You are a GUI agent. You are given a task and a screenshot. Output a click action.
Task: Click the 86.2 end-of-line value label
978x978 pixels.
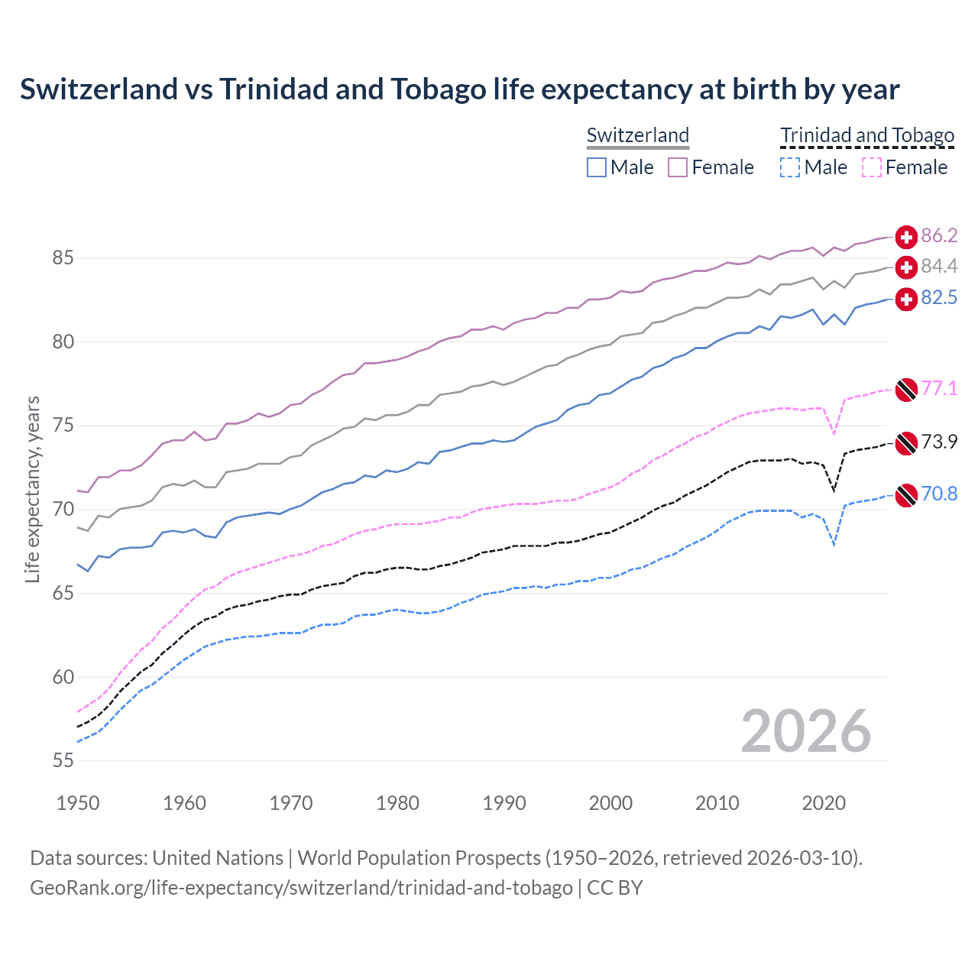tap(939, 235)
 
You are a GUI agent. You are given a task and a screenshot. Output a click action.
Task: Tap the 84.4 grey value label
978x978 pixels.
tap(939, 266)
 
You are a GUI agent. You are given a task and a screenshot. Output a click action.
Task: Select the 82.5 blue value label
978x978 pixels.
tap(939, 297)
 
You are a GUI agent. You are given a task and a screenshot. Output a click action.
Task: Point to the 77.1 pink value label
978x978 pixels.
tap(939, 388)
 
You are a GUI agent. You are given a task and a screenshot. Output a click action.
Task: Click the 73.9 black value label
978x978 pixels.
tap(939, 442)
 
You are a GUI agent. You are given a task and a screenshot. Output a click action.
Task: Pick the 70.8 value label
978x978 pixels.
tap(939, 494)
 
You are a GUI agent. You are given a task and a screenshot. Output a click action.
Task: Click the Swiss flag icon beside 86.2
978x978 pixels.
tap(906, 237)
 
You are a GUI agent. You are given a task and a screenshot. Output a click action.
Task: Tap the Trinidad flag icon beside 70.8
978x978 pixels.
tap(906, 495)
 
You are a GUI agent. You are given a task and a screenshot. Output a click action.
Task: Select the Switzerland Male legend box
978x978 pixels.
tap(597, 167)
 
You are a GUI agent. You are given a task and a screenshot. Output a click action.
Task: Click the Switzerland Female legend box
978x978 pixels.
tap(678, 167)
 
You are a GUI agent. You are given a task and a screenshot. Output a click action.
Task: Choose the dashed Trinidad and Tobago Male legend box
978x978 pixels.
tap(790, 167)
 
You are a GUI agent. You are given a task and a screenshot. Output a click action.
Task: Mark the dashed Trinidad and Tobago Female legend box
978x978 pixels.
tap(872, 167)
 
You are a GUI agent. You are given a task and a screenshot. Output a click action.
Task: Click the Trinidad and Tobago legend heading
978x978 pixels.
tap(867, 135)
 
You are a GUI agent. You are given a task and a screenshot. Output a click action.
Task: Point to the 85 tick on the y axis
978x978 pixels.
tap(63, 258)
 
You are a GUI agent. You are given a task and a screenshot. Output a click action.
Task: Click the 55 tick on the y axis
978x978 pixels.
tap(63, 761)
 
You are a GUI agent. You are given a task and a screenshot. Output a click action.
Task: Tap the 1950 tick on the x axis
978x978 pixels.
tap(78, 803)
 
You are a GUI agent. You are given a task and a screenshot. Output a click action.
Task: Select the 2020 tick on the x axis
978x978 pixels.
tap(824, 803)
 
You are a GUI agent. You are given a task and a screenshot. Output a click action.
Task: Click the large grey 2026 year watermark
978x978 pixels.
tap(806, 732)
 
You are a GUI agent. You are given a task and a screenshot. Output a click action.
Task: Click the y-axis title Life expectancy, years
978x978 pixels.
tap(33, 489)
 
